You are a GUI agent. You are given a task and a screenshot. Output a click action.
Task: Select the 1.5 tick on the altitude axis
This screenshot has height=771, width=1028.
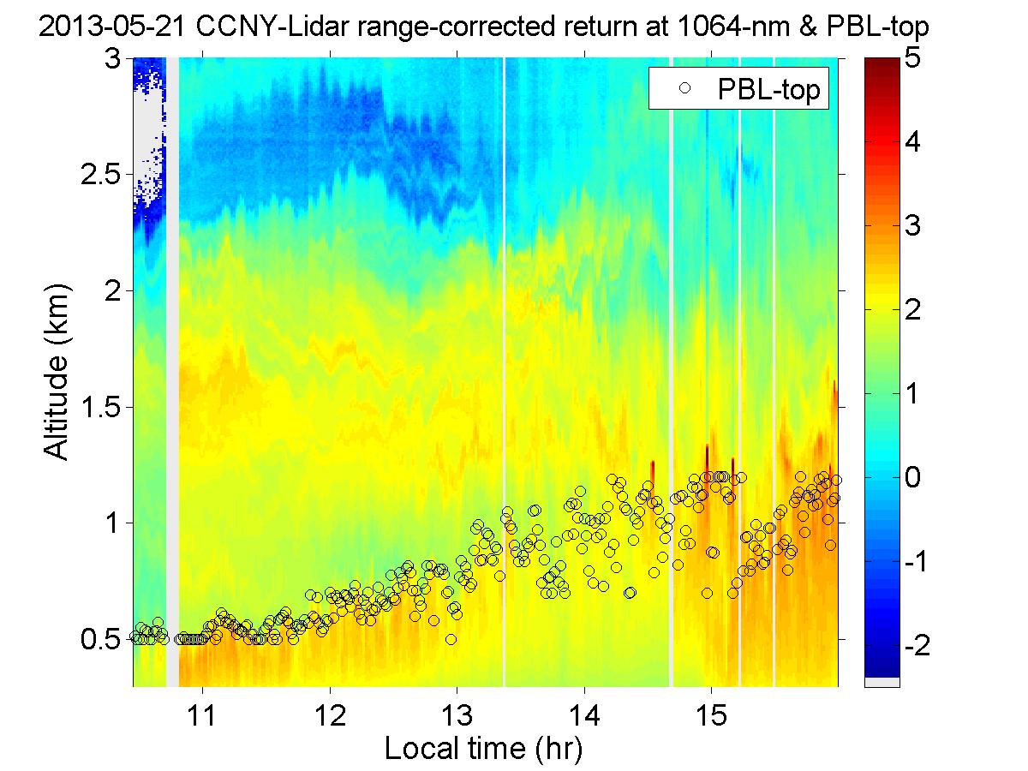tap(100, 407)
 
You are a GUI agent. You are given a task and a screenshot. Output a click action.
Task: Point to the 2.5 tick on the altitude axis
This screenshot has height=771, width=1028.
tap(100, 175)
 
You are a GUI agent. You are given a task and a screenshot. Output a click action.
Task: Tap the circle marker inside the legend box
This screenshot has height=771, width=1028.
tap(683, 88)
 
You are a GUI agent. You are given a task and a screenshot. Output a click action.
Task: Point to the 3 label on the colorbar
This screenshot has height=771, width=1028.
tap(913, 227)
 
